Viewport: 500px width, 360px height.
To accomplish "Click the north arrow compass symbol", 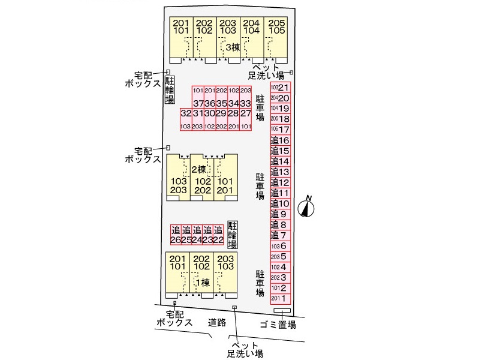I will pyautogui.click(x=308, y=207).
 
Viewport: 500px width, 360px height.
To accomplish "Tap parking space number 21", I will pyautogui.click(x=281, y=88).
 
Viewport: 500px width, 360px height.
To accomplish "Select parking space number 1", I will pyautogui.click(x=281, y=298).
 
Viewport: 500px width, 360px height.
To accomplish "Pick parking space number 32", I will pyautogui.click(x=186, y=113).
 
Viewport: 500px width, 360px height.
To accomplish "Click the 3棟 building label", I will pyautogui.click(x=233, y=47).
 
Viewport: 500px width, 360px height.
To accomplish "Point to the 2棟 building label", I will pyautogui.click(x=199, y=170).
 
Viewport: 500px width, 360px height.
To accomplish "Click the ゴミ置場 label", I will pyautogui.click(x=278, y=325).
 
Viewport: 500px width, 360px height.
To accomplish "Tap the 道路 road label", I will pyautogui.click(x=217, y=323).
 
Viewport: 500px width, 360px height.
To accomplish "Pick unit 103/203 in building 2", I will pyautogui.click(x=179, y=185).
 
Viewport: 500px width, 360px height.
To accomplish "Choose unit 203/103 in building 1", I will pyautogui.click(x=225, y=262).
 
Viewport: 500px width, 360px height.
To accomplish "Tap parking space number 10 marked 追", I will pyautogui.click(x=281, y=203).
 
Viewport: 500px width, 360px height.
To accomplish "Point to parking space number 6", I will pyautogui.click(x=281, y=246).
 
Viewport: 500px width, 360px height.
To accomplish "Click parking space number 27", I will pyautogui.click(x=245, y=113).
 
